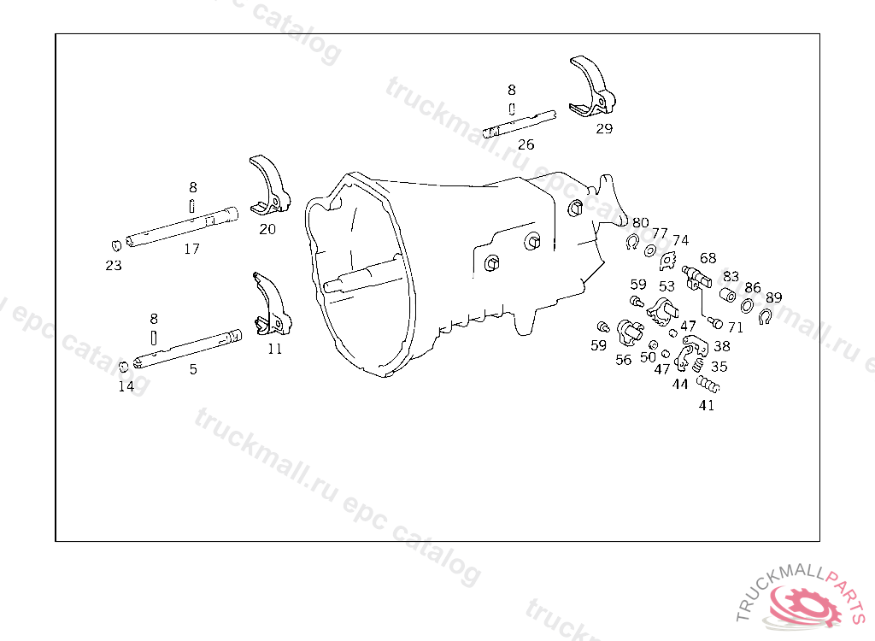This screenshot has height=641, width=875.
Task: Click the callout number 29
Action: pyautogui.click(x=604, y=129)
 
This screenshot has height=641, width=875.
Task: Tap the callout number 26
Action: pyautogui.click(x=526, y=144)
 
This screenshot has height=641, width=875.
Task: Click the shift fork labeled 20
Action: pyautogui.click(x=272, y=186)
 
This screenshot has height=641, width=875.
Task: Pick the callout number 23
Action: pyautogui.click(x=114, y=266)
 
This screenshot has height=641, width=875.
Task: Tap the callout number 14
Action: pyautogui.click(x=126, y=386)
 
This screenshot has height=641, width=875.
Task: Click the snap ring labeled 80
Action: pyautogui.click(x=631, y=243)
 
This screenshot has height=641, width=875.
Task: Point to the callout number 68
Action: pyautogui.click(x=708, y=257)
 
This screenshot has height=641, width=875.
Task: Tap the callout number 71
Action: pyautogui.click(x=736, y=326)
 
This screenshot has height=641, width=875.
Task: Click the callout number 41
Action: pyautogui.click(x=707, y=405)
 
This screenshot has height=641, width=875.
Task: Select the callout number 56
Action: pyautogui.click(x=624, y=360)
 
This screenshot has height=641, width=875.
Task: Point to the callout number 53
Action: pyautogui.click(x=667, y=286)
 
